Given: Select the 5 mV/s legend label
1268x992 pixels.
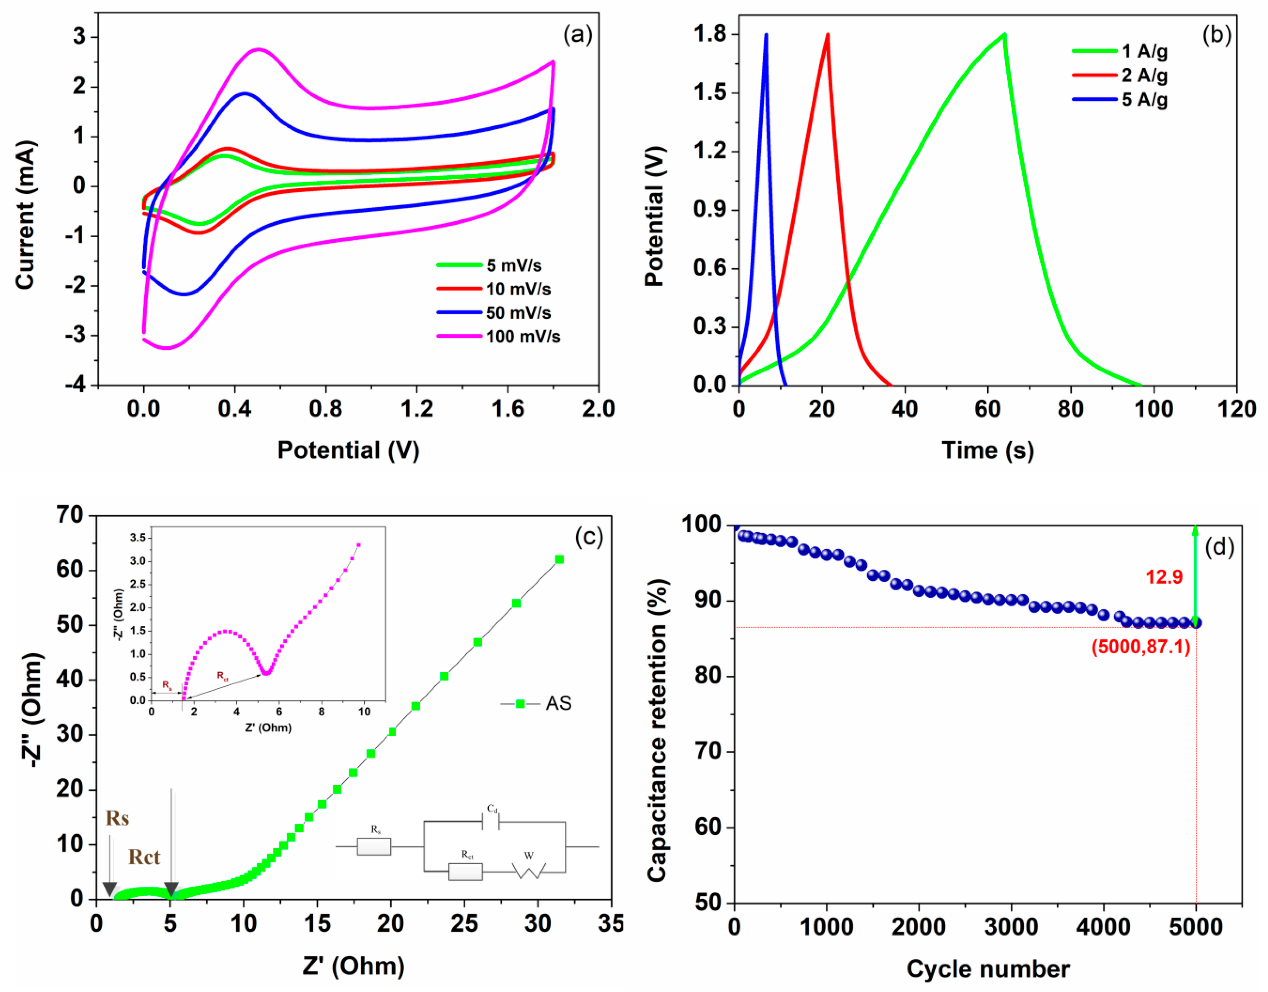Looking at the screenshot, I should [514, 265].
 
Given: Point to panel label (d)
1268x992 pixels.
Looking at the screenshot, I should [1219, 547].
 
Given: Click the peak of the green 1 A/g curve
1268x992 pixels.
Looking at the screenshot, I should [1004, 34].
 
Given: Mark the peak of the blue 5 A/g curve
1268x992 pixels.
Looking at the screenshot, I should [766, 34].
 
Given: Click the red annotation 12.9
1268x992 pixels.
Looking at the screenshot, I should [1164, 577].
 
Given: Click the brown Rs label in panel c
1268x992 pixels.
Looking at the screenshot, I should [117, 818].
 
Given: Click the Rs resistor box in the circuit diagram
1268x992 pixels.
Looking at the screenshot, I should [374, 847].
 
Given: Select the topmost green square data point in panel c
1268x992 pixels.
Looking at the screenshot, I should [559, 559].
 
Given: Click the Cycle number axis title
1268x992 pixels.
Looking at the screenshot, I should [988, 969].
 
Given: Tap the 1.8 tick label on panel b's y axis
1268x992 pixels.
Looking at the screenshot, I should [709, 34].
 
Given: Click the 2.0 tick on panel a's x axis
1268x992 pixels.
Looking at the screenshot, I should [598, 409].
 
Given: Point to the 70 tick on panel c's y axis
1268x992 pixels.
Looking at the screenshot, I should [70, 515].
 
